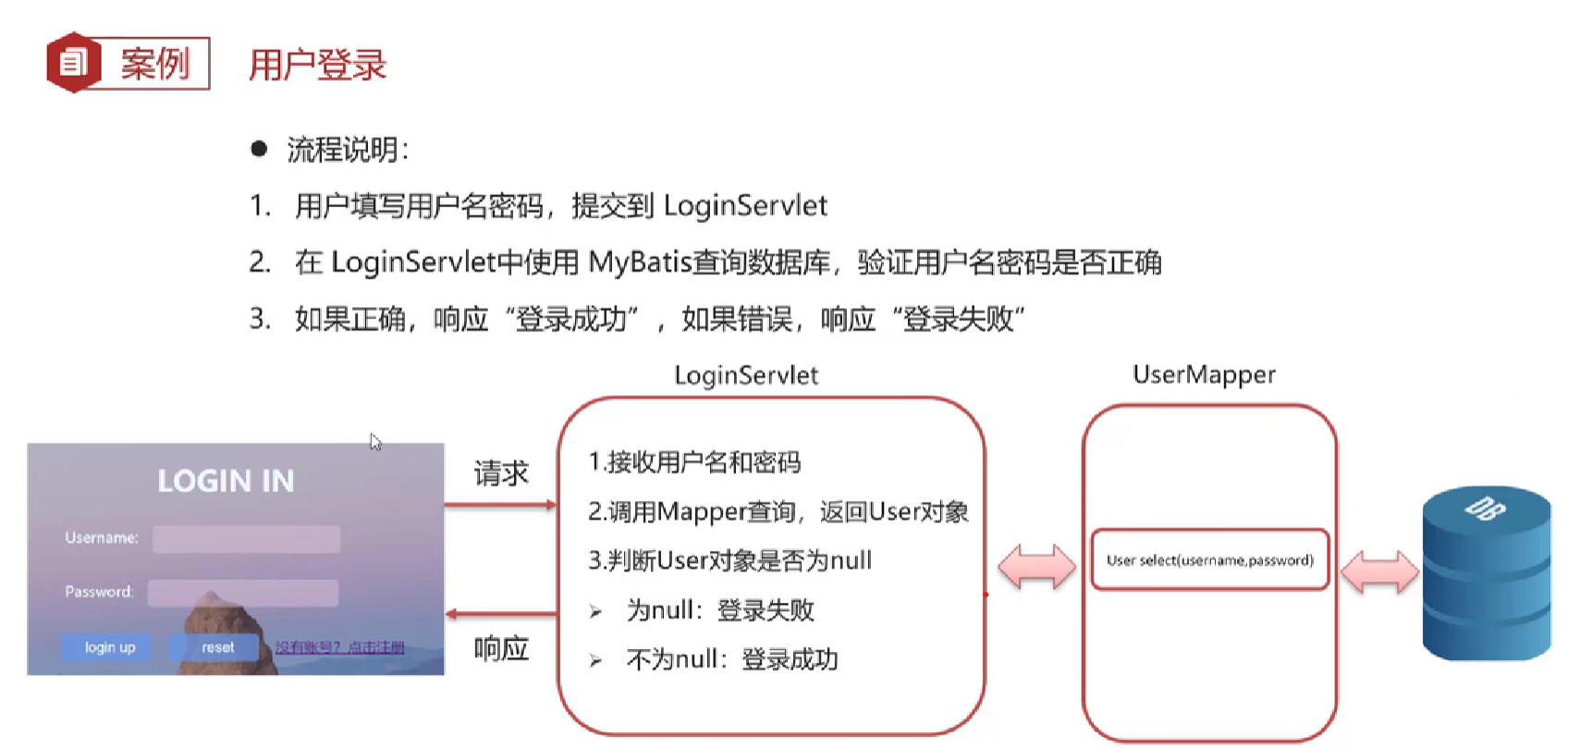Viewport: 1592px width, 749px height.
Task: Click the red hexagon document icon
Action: pos(73,63)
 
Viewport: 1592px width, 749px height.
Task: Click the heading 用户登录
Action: pos(317,65)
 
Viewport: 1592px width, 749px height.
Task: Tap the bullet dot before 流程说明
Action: pos(259,149)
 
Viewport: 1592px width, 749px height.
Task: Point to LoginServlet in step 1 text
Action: pos(745,205)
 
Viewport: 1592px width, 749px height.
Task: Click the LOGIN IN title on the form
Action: pos(226,481)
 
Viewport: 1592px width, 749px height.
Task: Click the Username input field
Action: pos(246,539)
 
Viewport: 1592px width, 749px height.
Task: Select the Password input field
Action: pos(243,593)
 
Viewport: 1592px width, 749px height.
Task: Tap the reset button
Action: pos(217,647)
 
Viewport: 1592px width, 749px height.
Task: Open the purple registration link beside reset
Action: pos(339,647)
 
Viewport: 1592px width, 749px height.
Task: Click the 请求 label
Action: pos(500,473)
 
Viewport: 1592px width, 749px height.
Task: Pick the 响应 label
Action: pos(500,648)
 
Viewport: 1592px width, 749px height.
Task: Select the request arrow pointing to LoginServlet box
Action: pos(500,505)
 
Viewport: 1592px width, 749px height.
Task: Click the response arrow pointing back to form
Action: pos(500,614)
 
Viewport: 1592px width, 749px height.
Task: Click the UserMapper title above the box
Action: pos(1204,374)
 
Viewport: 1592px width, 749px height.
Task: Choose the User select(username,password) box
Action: pos(1209,559)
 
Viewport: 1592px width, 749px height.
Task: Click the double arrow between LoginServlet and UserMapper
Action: pos(1036,567)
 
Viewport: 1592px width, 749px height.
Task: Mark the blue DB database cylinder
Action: pos(1486,573)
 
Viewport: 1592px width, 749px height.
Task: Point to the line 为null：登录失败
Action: pos(719,610)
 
